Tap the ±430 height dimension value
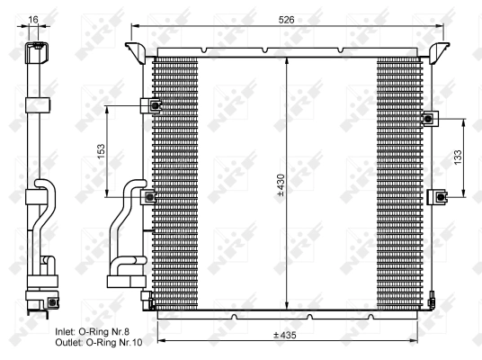(x=281, y=185)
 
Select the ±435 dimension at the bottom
(x=287, y=336)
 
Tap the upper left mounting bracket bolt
(x=154, y=106)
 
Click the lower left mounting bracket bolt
(x=152, y=196)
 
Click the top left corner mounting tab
(x=137, y=48)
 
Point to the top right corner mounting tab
(x=440, y=48)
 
